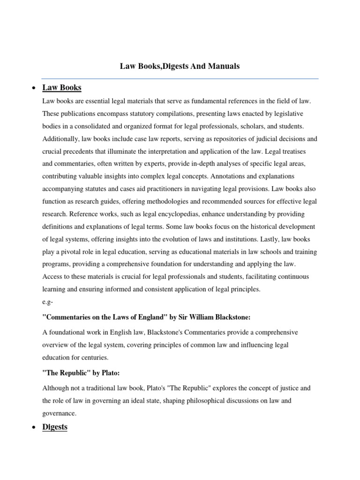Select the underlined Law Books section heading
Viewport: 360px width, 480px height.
[61, 88]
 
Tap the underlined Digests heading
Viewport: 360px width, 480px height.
[55, 427]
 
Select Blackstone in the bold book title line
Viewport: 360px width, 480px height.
[231, 317]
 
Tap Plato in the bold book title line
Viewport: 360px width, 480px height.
[109, 373]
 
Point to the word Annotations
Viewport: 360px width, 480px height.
[229, 176]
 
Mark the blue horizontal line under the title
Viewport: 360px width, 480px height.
[180, 79]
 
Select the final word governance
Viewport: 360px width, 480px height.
[59, 413]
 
